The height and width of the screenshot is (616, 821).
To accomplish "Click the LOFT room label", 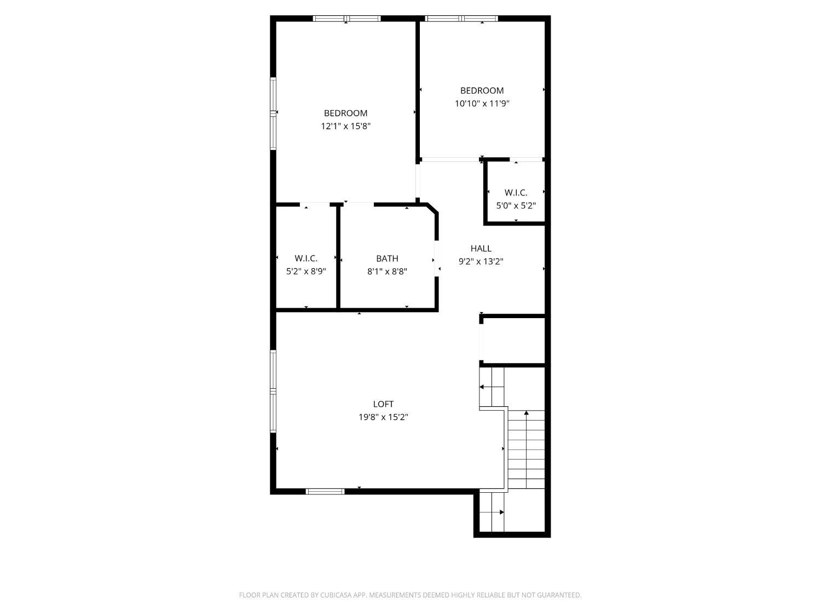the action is point(383,404).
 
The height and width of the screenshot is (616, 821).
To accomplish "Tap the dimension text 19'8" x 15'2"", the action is point(383,417).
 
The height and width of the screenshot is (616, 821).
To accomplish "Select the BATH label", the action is point(387,258).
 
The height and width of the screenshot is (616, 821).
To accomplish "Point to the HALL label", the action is point(481,249).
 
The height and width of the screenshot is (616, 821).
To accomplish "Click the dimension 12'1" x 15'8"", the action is point(345,126).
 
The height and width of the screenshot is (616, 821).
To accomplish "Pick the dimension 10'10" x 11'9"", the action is point(482,103).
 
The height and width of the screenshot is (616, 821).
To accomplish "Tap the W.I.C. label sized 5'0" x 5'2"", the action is point(516,193).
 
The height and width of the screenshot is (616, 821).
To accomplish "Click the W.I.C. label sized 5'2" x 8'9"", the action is point(306,258).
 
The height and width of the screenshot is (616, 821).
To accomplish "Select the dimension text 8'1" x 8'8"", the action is point(387,272).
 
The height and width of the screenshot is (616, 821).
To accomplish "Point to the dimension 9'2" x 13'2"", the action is point(481,261).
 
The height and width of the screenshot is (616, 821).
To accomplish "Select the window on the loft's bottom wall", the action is point(325,492).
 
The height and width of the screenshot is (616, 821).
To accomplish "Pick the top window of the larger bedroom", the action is point(346,18).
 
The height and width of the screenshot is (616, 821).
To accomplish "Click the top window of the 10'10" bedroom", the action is point(461,18).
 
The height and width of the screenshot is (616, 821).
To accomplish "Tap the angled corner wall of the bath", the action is point(433,209).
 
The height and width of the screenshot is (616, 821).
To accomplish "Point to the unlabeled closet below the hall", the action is point(513,341).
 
